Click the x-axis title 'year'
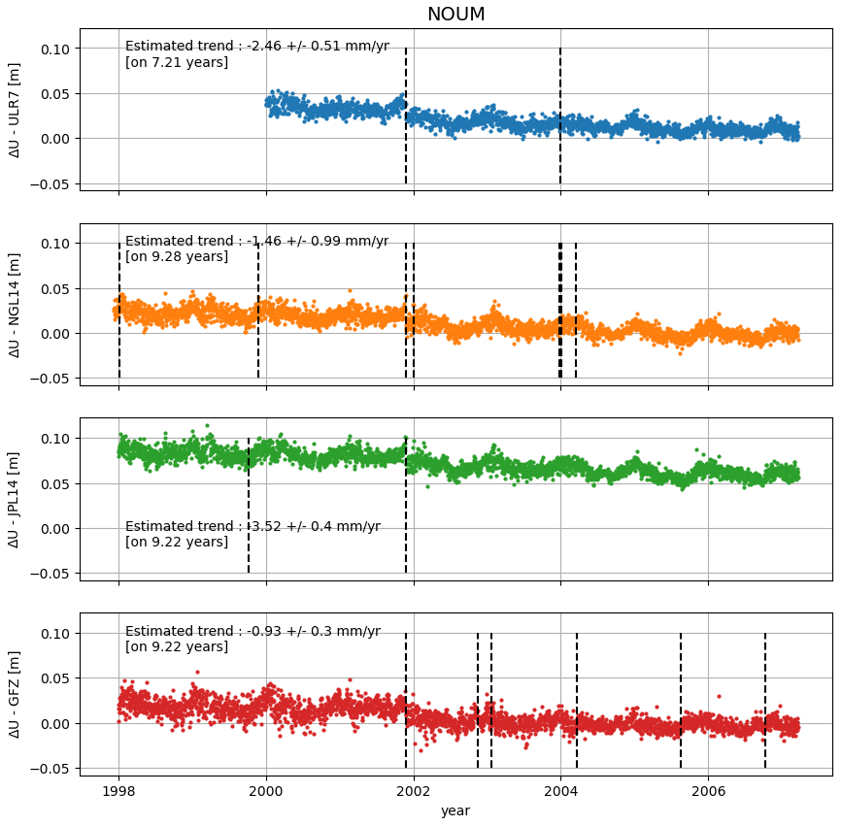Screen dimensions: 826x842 pyautogui.click(x=455, y=810)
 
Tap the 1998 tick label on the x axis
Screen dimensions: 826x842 pyautogui.click(x=119, y=791)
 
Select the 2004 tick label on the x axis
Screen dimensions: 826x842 pyautogui.click(x=560, y=791)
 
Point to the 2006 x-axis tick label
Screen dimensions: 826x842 pyautogui.click(x=708, y=791)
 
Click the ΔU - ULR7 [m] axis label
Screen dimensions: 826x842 pyautogui.click(x=15, y=109)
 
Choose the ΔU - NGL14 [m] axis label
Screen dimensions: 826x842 pyautogui.click(x=15, y=304)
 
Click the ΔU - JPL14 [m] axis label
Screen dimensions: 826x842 pyautogui.click(x=15, y=499)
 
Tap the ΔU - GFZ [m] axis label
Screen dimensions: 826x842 pyautogui.click(x=15, y=694)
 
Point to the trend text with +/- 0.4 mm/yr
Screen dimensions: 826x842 pyautogui.click(x=253, y=527)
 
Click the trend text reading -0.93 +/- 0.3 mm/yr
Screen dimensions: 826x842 pyautogui.click(x=253, y=631)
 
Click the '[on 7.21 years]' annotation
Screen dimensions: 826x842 pyautogui.click(x=177, y=63)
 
